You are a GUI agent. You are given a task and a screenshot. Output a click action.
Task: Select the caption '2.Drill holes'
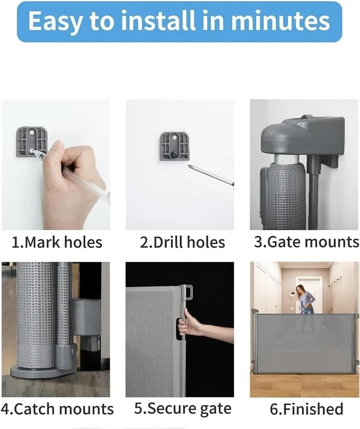click(182, 243)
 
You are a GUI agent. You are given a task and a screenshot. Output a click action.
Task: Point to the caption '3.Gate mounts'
click(306, 242)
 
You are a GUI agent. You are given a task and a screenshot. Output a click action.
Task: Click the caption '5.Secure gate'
click(183, 409)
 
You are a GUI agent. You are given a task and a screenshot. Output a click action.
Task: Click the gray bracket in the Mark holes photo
click(31, 141)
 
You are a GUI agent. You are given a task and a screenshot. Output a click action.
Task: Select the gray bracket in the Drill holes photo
click(175, 146)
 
